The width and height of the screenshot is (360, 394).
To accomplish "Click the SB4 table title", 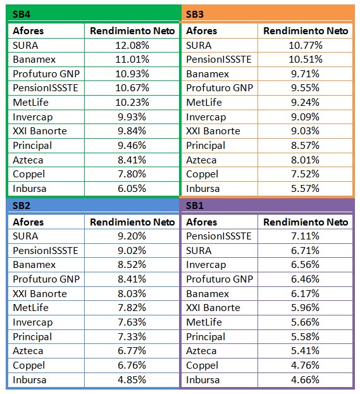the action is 22,15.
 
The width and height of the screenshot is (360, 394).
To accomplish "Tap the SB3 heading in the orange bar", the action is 195,15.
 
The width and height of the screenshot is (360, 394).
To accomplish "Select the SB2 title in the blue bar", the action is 22,206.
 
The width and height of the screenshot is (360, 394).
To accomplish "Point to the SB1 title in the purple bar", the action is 195,206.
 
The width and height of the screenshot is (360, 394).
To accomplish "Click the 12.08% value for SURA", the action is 132,46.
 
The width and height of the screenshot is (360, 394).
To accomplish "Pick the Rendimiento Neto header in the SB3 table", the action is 306,31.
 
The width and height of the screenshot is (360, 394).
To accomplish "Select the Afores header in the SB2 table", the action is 28,222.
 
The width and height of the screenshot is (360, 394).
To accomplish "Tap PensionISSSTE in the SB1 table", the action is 219,236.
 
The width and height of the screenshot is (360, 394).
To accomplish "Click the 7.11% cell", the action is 305,236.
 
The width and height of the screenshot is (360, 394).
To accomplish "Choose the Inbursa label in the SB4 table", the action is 29,189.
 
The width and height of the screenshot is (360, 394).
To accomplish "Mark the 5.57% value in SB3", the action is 305,189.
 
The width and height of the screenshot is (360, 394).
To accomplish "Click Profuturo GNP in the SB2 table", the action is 46,279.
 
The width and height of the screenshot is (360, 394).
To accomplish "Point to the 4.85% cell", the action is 132,379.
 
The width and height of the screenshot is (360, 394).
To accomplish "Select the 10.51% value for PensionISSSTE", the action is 306,60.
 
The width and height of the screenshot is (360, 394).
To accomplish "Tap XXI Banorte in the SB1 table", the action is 213,308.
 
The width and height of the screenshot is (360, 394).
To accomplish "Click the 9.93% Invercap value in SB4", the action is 132,117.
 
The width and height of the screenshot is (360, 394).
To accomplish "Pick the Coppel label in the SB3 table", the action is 202,174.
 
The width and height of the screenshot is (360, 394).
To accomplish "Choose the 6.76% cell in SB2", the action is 132,365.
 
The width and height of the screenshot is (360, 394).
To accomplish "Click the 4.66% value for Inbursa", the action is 305,379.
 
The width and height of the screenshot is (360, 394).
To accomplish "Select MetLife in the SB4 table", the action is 30,103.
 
